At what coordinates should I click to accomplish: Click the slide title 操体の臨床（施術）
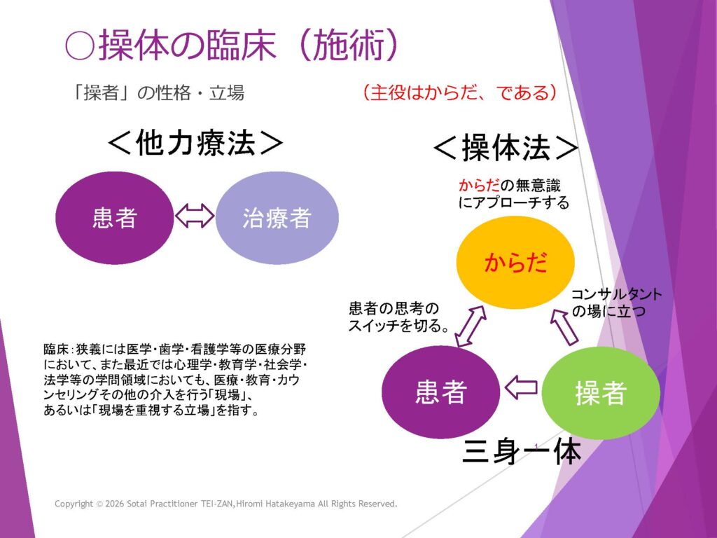point(249,46)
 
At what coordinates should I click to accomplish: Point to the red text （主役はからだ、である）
point(459,92)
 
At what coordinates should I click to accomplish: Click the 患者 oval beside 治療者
point(114,219)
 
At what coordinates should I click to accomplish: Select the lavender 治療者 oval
point(277,219)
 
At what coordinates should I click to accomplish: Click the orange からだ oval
point(515,263)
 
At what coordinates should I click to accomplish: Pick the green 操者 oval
point(600,393)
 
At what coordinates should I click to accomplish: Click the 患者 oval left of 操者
point(440,392)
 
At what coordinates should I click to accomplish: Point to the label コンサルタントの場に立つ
point(616,302)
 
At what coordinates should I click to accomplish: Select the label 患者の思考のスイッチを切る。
point(397,317)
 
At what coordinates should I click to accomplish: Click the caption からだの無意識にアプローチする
point(513,193)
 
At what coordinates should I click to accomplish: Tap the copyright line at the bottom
point(226,504)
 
